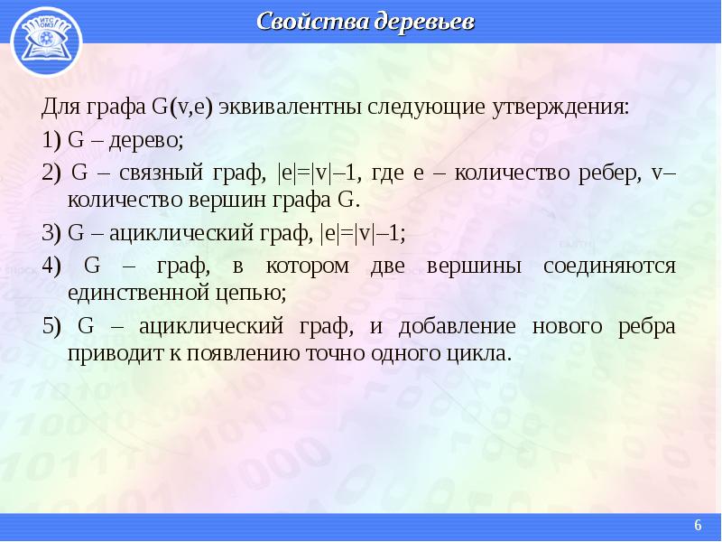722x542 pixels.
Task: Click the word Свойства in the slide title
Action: [310, 22]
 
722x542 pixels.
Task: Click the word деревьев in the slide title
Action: [423, 22]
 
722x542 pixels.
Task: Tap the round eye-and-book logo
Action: [46, 42]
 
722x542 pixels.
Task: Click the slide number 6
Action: [698, 525]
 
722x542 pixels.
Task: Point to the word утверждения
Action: [560, 107]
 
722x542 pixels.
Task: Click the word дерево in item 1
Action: [146, 140]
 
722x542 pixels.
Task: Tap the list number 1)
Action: [51, 140]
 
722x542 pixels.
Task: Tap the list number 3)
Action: [51, 233]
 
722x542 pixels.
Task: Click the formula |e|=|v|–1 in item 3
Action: [363, 233]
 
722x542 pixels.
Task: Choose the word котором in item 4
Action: [308, 266]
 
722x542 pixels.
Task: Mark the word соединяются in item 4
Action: [609, 266]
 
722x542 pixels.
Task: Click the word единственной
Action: [138, 293]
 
